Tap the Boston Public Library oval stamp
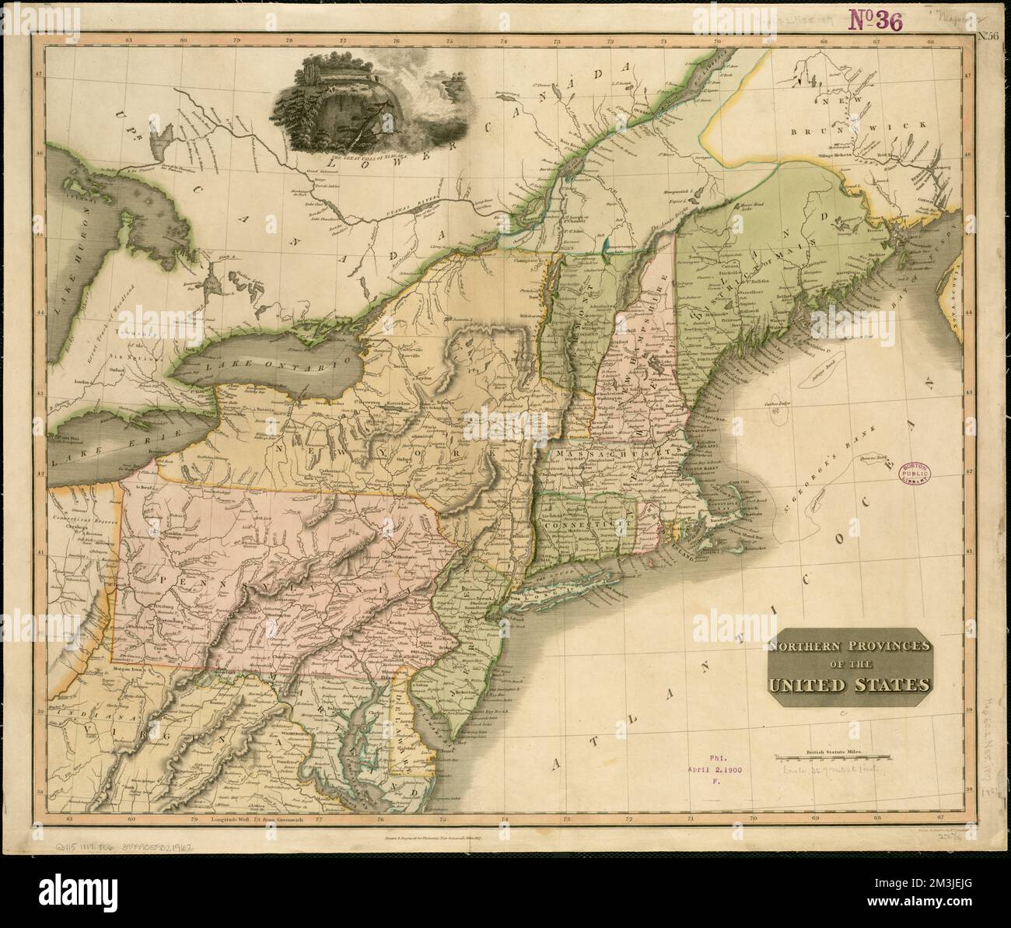pyautogui.click(x=914, y=473)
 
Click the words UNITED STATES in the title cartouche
pyautogui.click(x=849, y=685)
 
